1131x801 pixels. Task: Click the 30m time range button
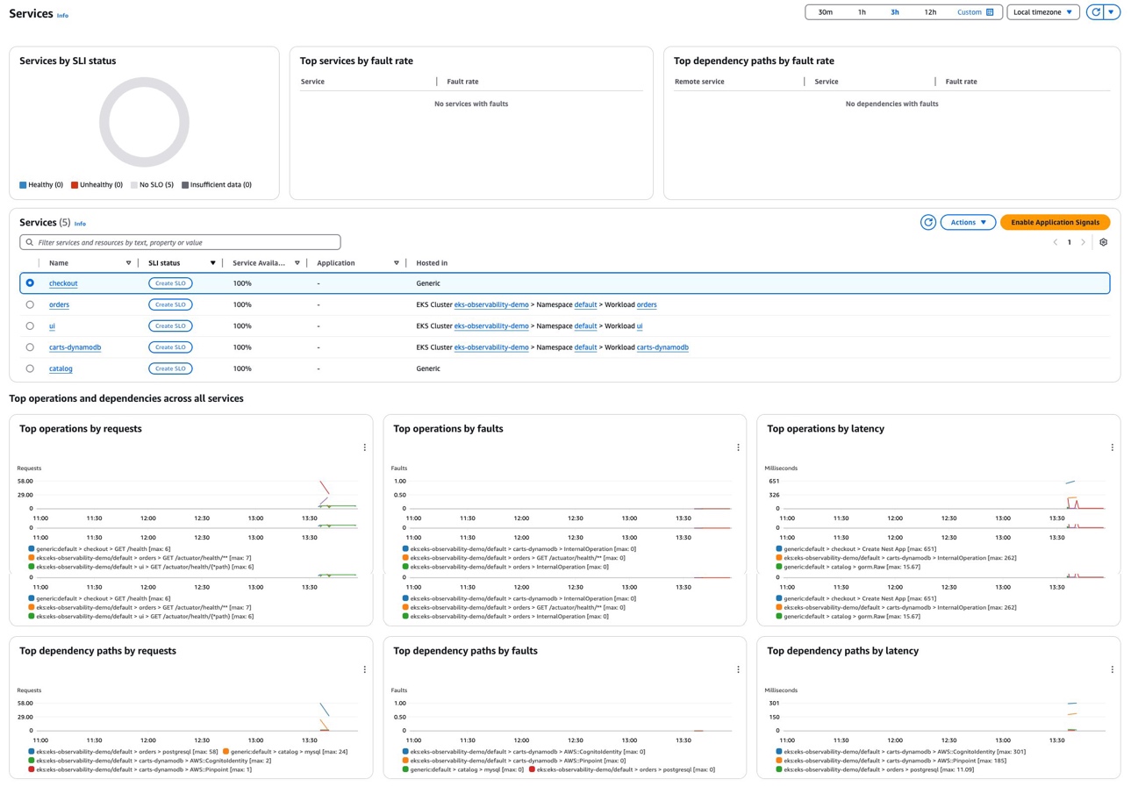point(825,12)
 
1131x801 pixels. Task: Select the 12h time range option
point(930,12)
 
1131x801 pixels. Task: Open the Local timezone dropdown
point(1042,12)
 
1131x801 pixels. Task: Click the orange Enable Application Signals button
point(1055,223)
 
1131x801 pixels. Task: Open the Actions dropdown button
point(968,223)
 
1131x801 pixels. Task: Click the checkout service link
point(63,283)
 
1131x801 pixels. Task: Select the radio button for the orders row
point(30,304)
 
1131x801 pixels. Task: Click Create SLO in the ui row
point(170,326)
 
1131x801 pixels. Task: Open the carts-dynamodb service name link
point(75,347)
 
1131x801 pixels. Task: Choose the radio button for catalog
point(30,368)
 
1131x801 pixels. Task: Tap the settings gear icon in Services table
point(1104,242)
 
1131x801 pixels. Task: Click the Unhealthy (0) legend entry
point(97,185)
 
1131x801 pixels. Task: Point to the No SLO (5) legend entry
point(152,185)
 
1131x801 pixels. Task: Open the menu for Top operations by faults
point(738,447)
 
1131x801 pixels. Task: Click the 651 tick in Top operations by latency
point(773,481)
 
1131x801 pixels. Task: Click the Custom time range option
point(975,12)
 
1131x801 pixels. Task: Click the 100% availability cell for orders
point(242,305)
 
